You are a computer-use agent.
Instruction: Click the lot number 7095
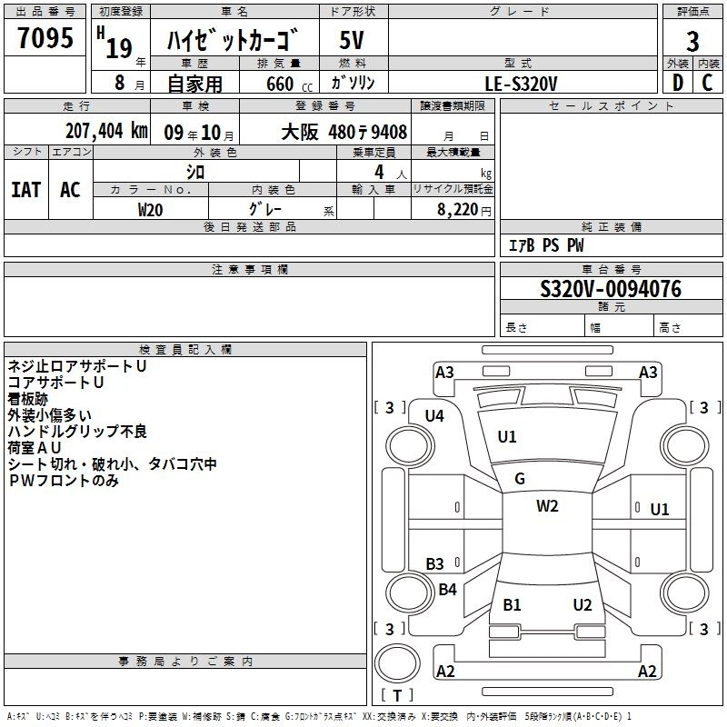[x=45, y=41]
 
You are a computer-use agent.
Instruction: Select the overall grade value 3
[x=692, y=42]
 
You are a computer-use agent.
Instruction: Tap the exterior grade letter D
[x=677, y=82]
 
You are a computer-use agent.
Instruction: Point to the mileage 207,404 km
[x=106, y=131]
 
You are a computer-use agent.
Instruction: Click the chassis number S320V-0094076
[x=611, y=289]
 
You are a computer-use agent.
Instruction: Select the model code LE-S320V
[x=522, y=83]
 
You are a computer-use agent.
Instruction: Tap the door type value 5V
[x=352, y=41]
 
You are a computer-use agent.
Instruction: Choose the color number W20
[x=150, y=208]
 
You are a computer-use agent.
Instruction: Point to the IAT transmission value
[x=25, y=190]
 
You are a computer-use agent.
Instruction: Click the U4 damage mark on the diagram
[x=434, y=416]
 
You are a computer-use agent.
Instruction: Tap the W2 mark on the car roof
[x=547, y=506]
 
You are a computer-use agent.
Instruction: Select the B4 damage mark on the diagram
[x=447, y=590]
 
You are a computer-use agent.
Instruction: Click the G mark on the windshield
[x=520, y=479]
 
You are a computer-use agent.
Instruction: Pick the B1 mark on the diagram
[x=513, y=604]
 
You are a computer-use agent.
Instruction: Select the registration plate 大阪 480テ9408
[x=344, y=132]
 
